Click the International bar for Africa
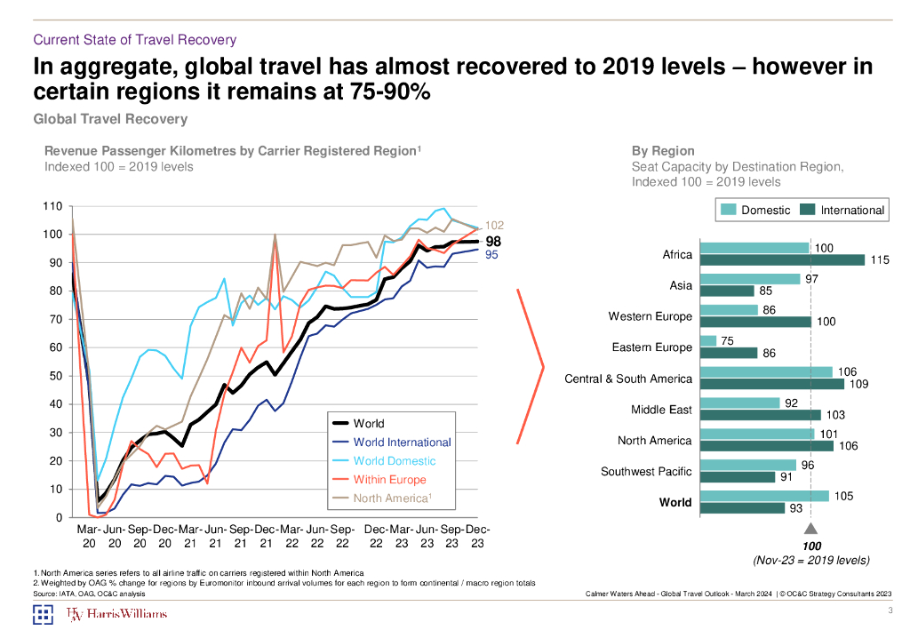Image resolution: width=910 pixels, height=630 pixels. [782, 260]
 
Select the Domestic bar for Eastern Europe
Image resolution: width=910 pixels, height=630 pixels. [708, 341]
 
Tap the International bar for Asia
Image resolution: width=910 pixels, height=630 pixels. [727, 291]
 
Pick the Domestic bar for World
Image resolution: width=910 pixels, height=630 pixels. [764, 496]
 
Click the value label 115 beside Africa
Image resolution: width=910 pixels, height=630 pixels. [878, 260]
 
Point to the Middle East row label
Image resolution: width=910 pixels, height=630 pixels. [661, 410]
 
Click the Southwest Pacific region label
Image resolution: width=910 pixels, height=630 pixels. [646, 471]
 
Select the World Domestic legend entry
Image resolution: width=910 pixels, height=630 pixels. [395, 461]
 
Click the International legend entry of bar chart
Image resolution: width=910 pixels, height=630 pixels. [852, 211]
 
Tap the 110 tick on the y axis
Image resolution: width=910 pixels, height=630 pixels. [52, 207]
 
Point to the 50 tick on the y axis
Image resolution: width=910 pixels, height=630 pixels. [54, 376]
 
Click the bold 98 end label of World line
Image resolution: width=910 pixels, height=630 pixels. [493, 241]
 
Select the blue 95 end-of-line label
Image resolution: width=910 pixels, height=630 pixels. [491, 255]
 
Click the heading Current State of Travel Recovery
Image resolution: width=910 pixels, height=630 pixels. [134, 40]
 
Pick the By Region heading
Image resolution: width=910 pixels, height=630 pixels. [663, 151]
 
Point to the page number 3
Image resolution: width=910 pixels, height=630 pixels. [890, 609]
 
